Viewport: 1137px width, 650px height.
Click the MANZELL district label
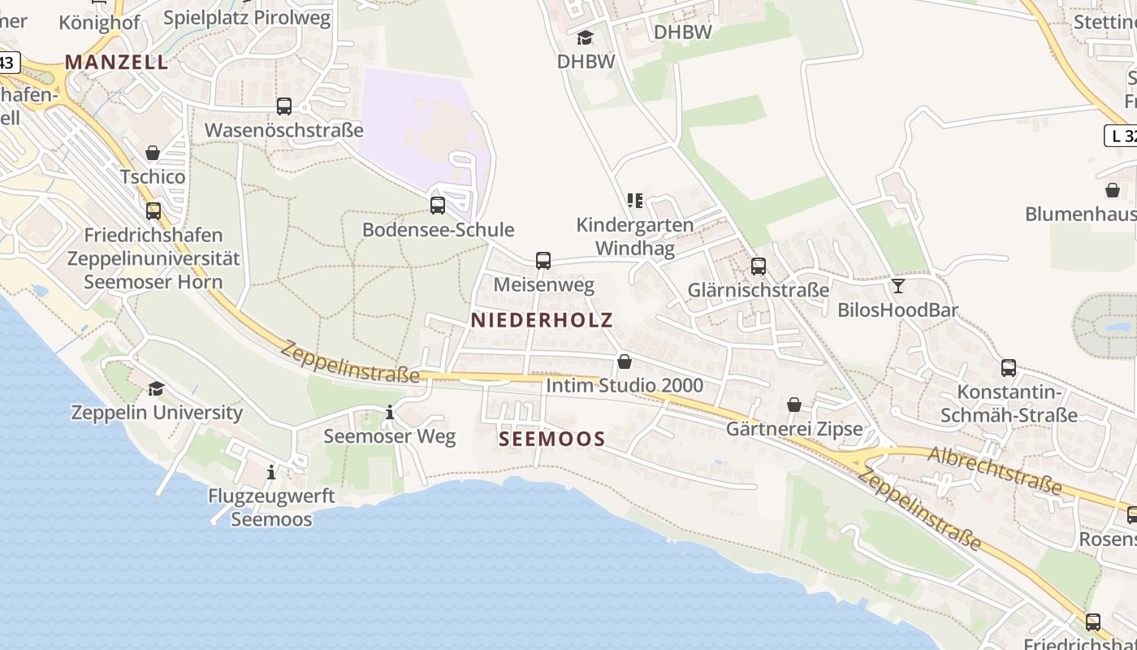point(116,62)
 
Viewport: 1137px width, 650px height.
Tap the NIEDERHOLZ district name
point(542,320)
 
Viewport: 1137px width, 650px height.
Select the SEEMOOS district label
point(552,440)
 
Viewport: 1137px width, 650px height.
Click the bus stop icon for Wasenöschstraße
point(284,106)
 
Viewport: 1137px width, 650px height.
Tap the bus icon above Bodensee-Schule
point(438,206)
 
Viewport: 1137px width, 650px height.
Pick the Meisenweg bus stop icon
point(543,261)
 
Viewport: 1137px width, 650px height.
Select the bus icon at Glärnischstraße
point(759,266)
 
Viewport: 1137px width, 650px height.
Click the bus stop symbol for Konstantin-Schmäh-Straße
point(1009,368)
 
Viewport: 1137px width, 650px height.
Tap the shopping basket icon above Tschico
point(153,153)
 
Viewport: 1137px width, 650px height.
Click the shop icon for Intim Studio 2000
point(625,362)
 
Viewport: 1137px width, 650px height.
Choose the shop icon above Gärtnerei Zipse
point(794,405)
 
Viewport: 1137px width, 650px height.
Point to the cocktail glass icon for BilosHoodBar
point(898,286)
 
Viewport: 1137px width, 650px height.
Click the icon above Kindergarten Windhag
point(635,200)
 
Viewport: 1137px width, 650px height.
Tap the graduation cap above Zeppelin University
point(156,388)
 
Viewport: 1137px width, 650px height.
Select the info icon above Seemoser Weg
point(390,413)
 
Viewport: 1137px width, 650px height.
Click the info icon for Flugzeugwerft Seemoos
point(271,472)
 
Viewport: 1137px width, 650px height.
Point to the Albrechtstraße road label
point(994,470)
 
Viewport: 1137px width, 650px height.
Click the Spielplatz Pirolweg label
point(247,18)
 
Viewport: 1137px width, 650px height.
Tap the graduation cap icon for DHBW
point(585,37)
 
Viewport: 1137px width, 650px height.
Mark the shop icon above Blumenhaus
point(1113,190)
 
